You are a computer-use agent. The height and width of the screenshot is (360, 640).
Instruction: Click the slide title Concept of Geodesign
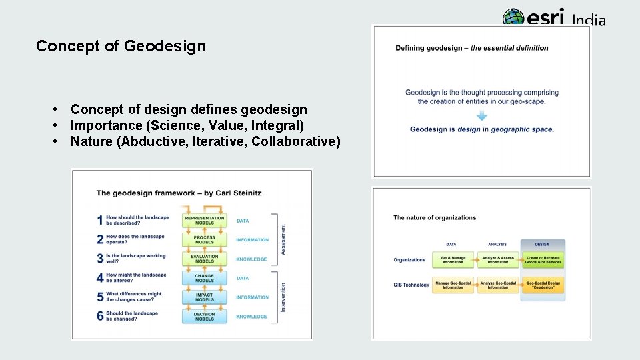[121, 46]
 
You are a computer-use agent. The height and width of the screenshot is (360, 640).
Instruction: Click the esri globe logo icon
[514, 17]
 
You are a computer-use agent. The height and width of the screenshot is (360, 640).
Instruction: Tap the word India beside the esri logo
[589, 21]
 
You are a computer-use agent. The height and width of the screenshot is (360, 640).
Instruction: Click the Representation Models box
[205, 221]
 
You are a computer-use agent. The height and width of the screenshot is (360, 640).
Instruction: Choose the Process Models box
[205, 240]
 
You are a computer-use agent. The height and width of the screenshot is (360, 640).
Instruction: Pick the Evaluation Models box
[205, 259]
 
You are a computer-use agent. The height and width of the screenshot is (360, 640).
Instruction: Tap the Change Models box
[205, 278]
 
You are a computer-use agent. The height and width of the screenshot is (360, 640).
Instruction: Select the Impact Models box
[205, 297]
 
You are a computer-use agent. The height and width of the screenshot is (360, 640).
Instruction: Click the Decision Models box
[205, 316]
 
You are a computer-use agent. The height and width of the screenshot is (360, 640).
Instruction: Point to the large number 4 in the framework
[100, 277]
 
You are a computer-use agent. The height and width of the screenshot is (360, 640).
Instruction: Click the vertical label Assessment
[283, 239]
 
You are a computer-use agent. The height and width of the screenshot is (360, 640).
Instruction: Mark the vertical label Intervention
[283, 297]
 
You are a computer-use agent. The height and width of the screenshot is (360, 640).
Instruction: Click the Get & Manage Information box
[453, 259]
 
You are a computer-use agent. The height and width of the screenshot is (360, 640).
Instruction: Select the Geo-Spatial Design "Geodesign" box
[543, 285]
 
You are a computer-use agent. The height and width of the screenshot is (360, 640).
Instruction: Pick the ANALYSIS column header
[497, 245]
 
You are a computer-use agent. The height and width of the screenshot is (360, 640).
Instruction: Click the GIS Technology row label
[411, 285]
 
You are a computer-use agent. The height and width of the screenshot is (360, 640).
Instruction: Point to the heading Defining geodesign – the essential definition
[471, 48]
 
